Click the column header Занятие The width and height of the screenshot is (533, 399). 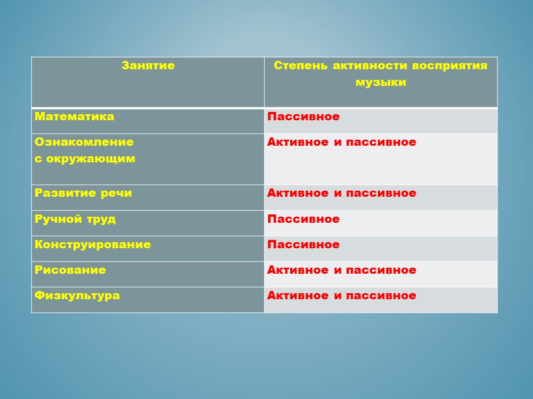coord(148,65)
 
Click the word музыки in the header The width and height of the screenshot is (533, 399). coord(381,83)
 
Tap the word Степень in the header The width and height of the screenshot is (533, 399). coord(301,65)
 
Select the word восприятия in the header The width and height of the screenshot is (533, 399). coord(450,65)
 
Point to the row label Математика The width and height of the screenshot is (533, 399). coord(74,116)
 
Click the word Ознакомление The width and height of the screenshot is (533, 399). coord(84,142)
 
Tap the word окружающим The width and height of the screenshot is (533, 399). coord(90,159)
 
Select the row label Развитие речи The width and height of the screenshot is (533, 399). coord(83,193)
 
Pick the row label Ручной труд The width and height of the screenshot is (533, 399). coord(75,219)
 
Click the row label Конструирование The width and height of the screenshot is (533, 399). coord(93,244)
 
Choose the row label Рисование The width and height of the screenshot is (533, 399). coord(71,270)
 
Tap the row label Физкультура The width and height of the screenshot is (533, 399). coord(77,295)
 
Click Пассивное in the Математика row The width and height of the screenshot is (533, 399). coord(304,116)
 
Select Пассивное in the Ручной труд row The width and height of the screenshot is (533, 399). coord(304,219)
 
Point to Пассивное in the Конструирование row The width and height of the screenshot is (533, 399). coord(304,244)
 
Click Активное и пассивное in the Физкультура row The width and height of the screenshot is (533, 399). coord(341,295)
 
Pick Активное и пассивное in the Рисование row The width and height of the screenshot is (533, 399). coord(341,270)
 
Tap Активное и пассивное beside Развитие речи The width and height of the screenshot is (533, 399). coord(341,193)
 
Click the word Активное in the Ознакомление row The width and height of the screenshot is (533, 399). coord(298,142)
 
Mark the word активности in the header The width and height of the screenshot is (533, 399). coord(370,65)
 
